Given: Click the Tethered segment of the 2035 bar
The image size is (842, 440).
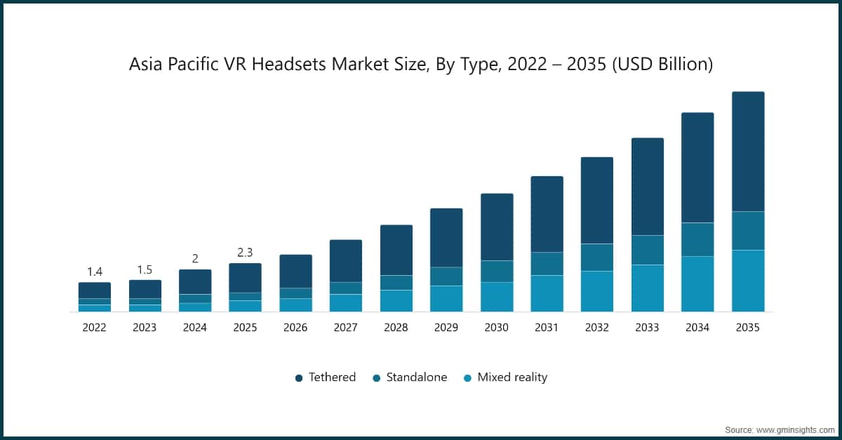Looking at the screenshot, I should [x=748, y=151].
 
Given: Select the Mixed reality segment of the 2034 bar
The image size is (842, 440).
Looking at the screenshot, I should [x=697, y=284].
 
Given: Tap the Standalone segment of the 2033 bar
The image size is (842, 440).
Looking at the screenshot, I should [x=648, y=250].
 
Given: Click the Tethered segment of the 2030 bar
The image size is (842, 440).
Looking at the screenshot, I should [x=497, y=227].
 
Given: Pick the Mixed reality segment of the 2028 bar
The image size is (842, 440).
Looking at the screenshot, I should [x=396, y=300].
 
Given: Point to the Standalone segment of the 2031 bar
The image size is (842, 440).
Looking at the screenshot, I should [x=547, y=263].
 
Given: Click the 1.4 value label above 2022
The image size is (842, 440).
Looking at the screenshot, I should [x=95, y=272].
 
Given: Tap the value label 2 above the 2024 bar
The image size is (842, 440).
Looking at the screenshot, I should [x=195, y=259].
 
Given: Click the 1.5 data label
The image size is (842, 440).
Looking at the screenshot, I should [x=145, y=269].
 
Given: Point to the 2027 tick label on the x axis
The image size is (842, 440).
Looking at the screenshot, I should [x=346, y=327].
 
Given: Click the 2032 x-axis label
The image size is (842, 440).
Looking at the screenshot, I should [x=597, y=327].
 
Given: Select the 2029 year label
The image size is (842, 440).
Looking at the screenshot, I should [x=446, y=327].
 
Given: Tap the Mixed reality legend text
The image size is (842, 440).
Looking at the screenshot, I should [x=512, y=378].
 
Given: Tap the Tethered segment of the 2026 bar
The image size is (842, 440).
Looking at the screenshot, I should [x=295, y=271].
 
